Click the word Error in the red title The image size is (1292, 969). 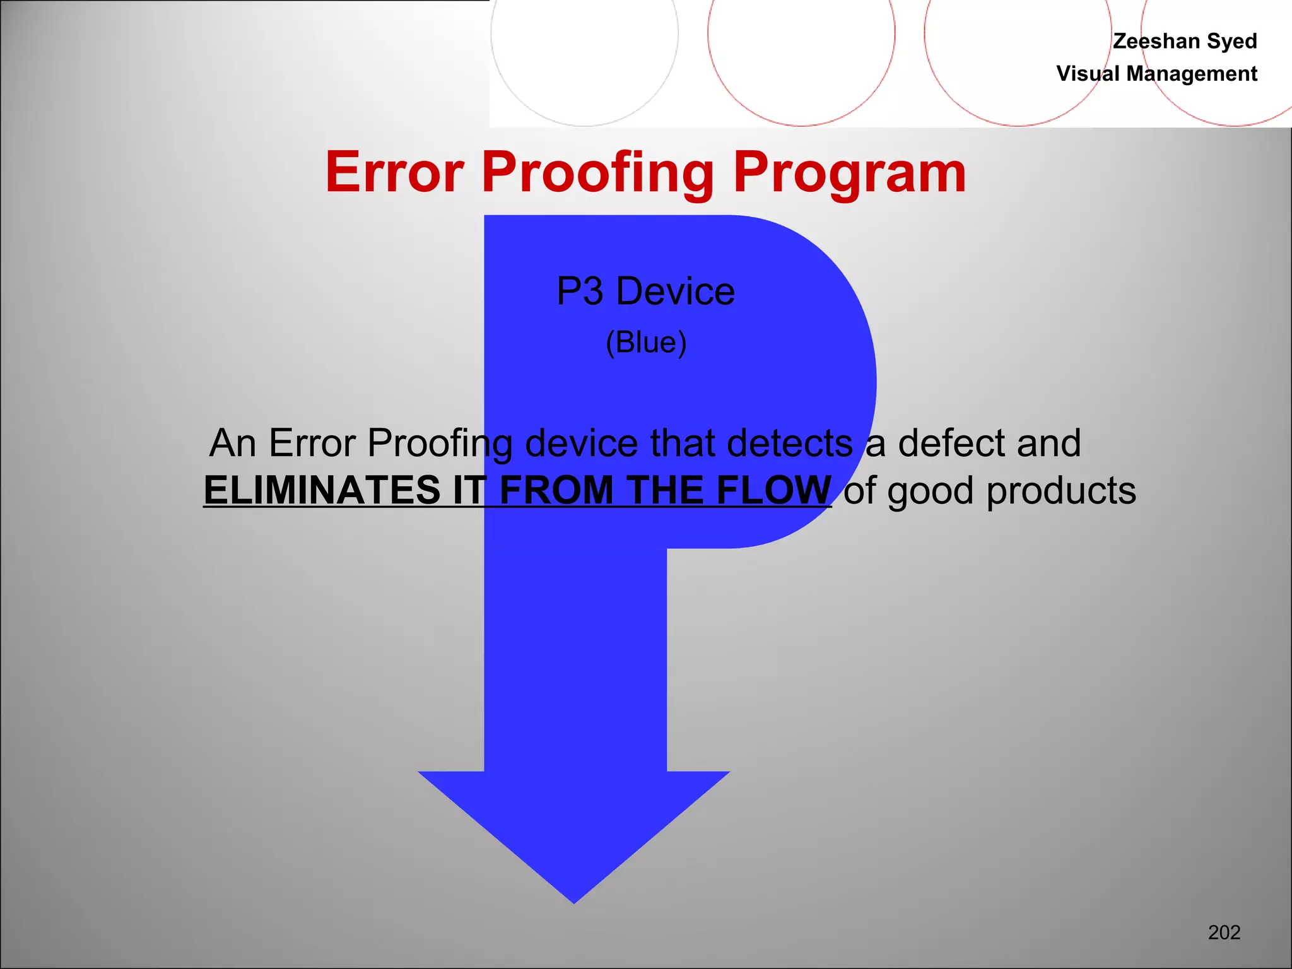pyautogui.click(x=395, y=172)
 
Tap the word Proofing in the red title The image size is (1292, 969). pyautogui.click(x=597, y=173)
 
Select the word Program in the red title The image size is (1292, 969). pyautogui.click(x=849, y=173)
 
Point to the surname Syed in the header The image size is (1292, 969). pyautogui.click(x=1232, y=42)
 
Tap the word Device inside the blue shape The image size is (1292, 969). pyautogui.click(x=675, y=291)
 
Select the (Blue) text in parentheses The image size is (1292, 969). pyautogui.click(x=646, y=343)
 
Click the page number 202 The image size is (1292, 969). pyautogui.click(x=1224, y=932)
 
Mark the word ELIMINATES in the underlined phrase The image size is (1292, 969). pyautogui.click(x=322, y=490)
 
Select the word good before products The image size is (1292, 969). pyautogui.click(x=931, y=491)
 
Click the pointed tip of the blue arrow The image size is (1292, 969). pyautogui.click(x=574, y=899)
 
